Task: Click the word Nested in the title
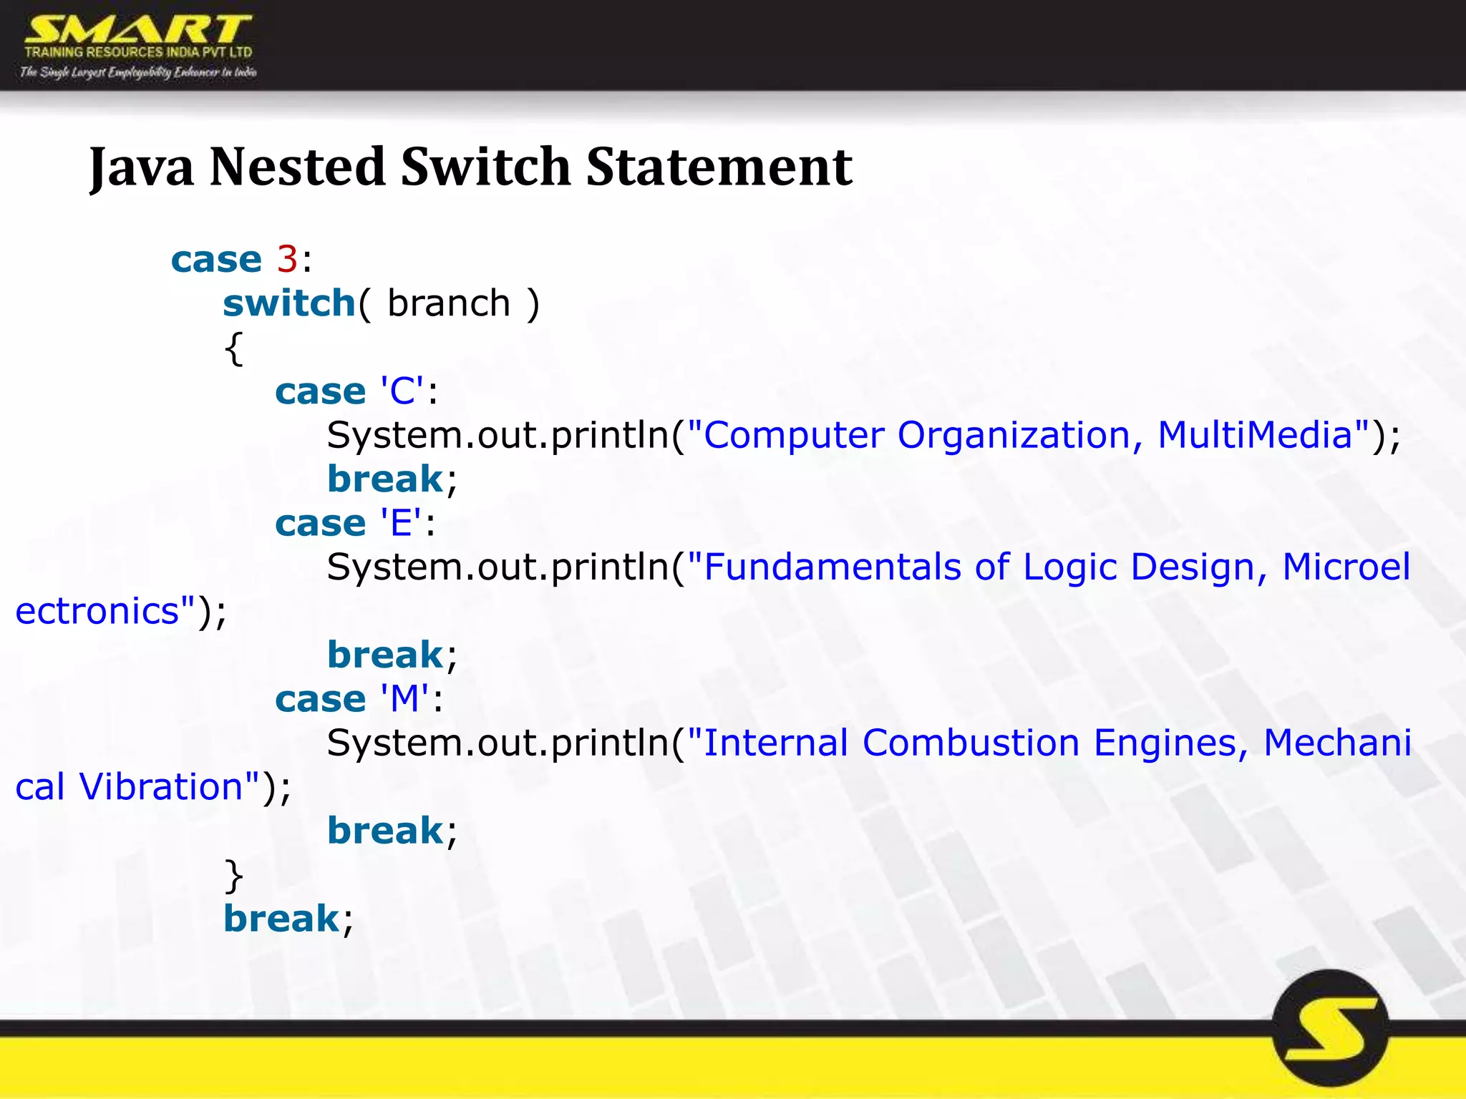pyautogui.click(x=297, y=167)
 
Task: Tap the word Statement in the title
pyautogui.click(x=719, y=167)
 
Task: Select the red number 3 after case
pyautogui.click(x=287, y=259)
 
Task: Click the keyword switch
pyautogui.click(x=289, y=304)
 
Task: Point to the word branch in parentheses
pyautogui.click(x=449, y=304)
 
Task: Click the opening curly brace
pyautogui.click(x=234, y=348)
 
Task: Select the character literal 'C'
pyautogui.click(x=402, y=391)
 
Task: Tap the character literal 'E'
pyautogui.click(x=401, y=523)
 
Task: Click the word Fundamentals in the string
pyautogui.click(x=832, y=567)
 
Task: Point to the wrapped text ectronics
pyautogui.click(x=97, y=612)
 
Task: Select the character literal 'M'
pyautogui.click(x=405, y=699)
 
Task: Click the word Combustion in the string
pyautogui.click(x=971, y=743)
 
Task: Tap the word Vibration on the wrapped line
pyautogui.click(x=161, y=787)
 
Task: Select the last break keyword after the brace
pyautogui.click(x=281, y=919)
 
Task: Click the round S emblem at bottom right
pyautogui.click(x=1330, y=1029)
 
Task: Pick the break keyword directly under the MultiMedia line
pyautogui.click(x=385, y=479)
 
